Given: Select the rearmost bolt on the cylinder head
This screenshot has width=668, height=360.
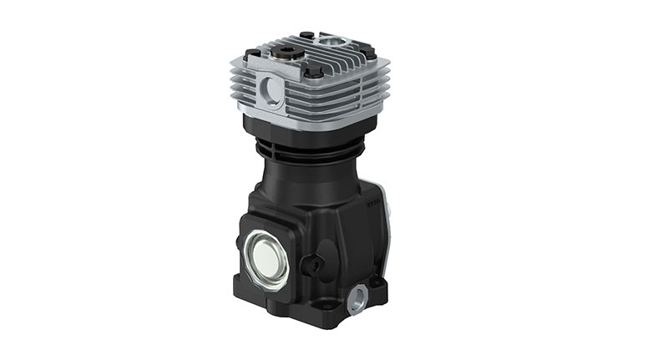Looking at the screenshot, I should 306,35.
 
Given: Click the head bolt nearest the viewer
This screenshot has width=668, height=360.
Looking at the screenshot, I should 314,73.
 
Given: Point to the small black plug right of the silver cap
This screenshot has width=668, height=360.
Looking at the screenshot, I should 316,265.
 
